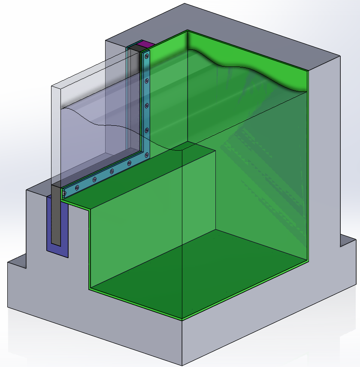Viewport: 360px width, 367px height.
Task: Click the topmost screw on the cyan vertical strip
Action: click(x=147, y=56)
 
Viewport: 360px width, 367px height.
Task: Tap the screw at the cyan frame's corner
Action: click(x=146, y=155)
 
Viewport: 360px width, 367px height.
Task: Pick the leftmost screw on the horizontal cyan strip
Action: click(x=64, y=194)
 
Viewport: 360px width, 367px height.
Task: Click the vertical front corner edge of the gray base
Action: click(x=182, y=343)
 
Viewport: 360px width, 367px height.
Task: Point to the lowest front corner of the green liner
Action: click(x=182, y=319)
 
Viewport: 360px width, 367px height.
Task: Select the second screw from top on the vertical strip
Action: click(x=147, y=80)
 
